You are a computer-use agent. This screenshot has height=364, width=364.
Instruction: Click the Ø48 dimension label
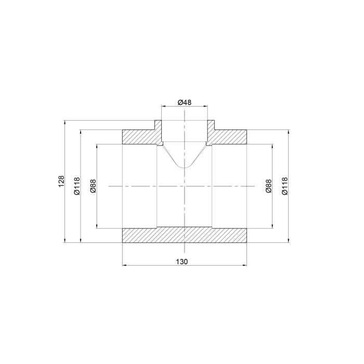coord(185,102)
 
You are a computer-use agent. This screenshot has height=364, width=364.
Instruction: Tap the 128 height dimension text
coord(61,181)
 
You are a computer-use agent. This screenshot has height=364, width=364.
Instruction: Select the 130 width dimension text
coord(182,262)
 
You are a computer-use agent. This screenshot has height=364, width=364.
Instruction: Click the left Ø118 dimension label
coord(77,186)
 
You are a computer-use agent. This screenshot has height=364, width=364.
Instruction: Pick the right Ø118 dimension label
coord(284,186)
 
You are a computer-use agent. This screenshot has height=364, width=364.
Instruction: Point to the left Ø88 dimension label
coord(93,186)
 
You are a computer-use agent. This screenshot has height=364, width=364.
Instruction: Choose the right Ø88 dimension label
coord(269,186)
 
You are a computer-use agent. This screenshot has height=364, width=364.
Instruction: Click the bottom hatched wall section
coord(185,236)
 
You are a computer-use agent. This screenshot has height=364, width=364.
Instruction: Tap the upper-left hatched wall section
coord(141,135)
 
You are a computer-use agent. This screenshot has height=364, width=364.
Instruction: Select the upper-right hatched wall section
coord(227,135)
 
